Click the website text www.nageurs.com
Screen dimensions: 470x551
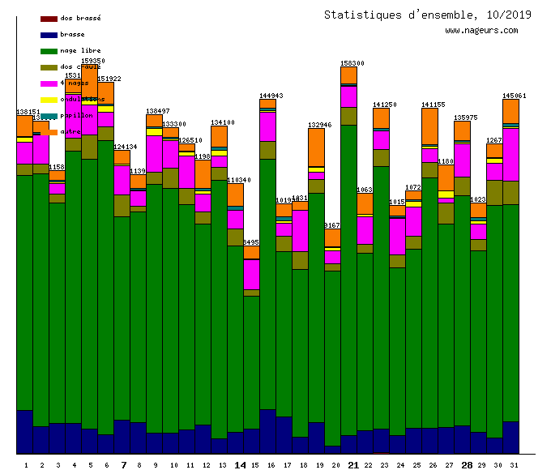click(481, 31)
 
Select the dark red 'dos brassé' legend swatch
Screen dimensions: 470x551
click(49, 18)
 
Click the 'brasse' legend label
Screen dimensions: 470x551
click(72, 34)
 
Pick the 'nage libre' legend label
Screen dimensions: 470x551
click(80, 50)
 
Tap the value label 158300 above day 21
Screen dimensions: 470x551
click(352, 62)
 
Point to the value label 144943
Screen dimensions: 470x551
click(271, 95)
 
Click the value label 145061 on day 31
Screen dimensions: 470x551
click(514, 95)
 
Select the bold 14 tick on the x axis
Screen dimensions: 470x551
click(240, 465)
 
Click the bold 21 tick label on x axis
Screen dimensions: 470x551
click(353, 465)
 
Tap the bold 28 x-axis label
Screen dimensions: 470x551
click(467, 465)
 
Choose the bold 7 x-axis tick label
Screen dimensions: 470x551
click(124, 465)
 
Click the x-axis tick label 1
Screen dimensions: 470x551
click(26, 465)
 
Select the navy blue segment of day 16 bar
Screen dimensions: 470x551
click(267, 431)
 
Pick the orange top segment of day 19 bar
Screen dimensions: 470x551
click(316, 147)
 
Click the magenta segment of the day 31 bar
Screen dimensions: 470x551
click(510, 154)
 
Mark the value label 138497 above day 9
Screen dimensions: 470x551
click(157, 111)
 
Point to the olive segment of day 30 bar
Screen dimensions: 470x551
click(494, 193)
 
